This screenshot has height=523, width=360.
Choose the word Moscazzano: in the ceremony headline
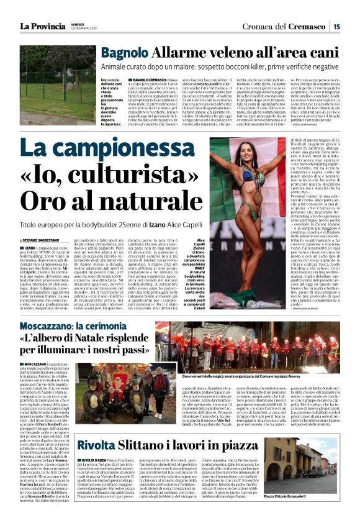point(53,325)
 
